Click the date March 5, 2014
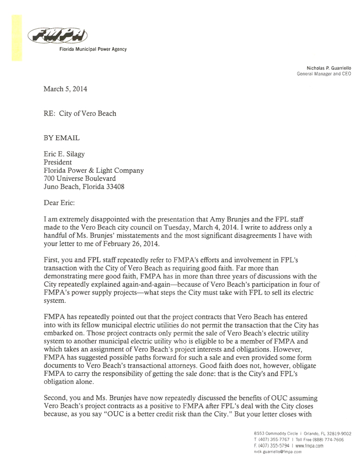coord(65,89)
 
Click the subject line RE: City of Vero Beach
coord(79,113)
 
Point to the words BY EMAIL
coord(62,137)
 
